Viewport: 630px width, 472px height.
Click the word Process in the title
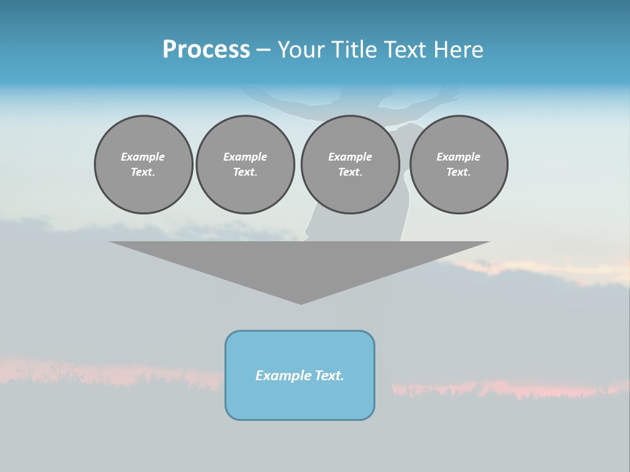coord(206,50)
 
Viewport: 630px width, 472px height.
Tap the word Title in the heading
coord(355,50)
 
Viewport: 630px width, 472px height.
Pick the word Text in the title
coord(406,50)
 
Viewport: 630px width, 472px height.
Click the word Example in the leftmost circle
coord(143,157)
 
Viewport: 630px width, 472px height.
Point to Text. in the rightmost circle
coord(459,172)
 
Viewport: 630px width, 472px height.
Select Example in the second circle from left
coord(245,157)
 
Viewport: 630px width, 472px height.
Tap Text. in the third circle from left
coord(350,172)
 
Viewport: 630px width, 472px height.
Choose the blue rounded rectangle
coord(300,400)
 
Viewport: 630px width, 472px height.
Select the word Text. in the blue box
coord(329,376)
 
